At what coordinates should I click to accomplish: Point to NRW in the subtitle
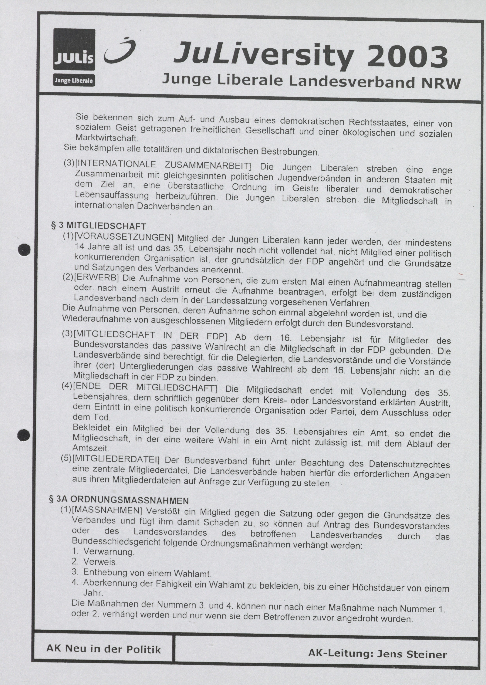[441, 83]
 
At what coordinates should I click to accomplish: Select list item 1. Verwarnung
[103, 551]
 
